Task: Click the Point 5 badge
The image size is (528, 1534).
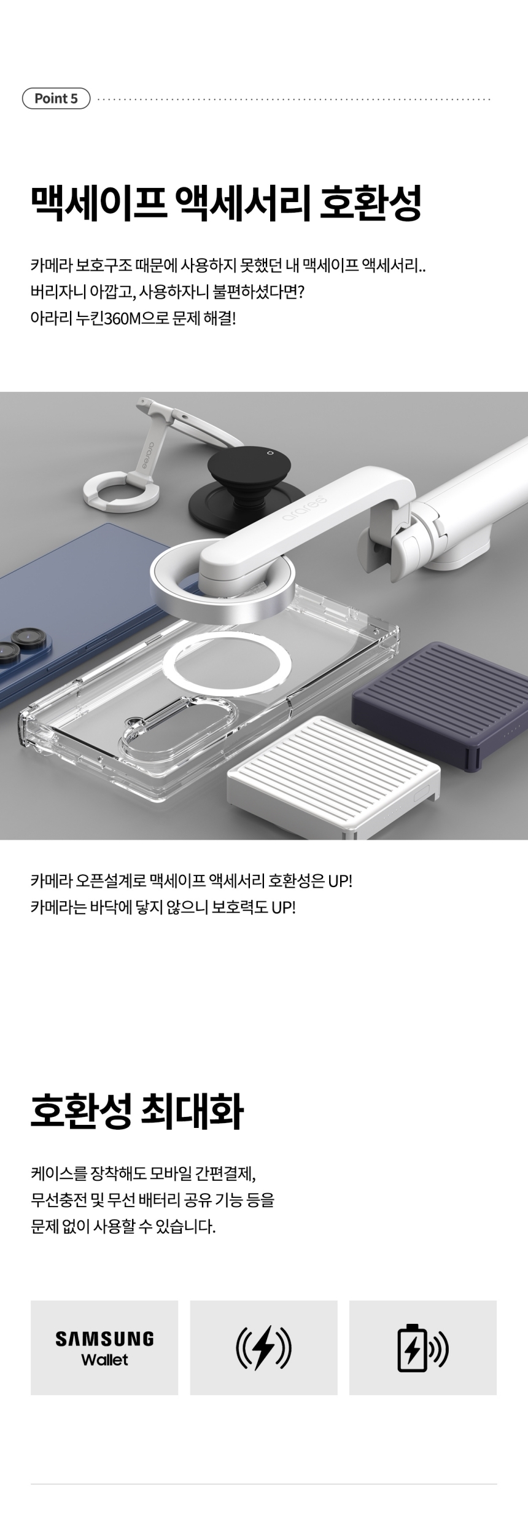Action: coord(56,98)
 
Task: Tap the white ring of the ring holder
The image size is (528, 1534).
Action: coord(122,494)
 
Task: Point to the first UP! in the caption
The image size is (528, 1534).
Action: coord(340,880)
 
